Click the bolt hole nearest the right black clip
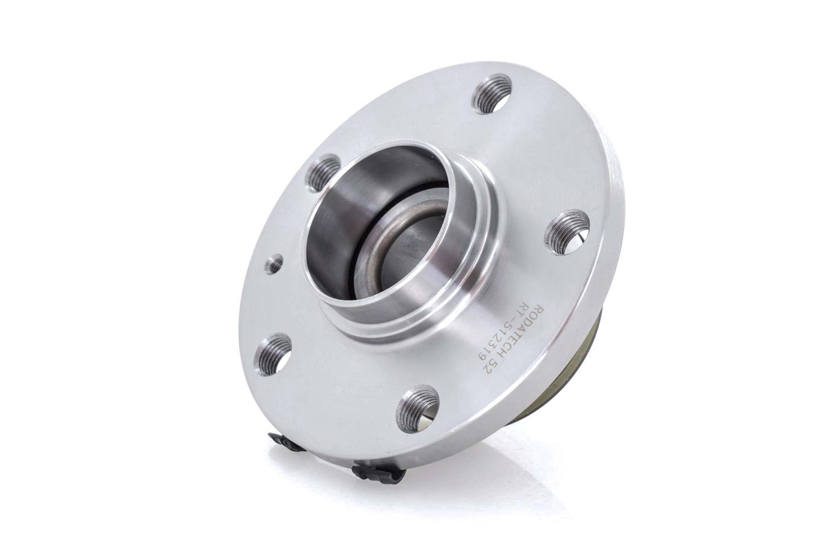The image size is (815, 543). (417, 405)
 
